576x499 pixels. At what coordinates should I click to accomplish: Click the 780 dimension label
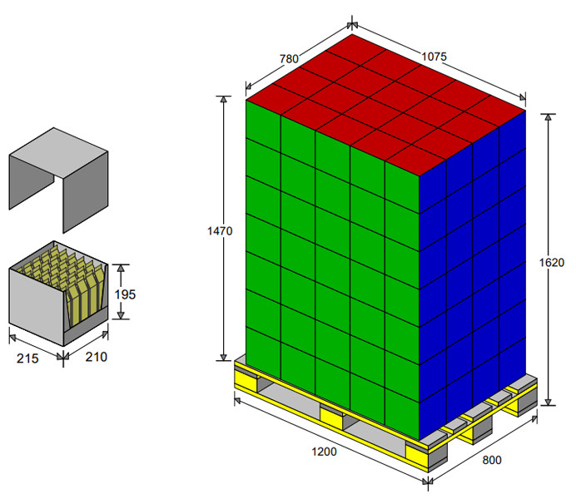(x=289, y=59)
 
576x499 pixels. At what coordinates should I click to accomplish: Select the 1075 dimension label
(x=434, y=57)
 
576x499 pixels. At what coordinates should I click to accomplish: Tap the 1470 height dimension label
(x=220, y=231)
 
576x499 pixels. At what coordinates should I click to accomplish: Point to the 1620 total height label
(x=551, y=262)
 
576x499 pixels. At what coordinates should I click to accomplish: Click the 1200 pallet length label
(x=324, y=452)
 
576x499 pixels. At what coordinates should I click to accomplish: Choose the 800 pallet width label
(x=491, y=460)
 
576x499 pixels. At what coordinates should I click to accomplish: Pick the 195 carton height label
(x=125, y=294)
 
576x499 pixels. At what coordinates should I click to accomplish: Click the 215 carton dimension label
(x=27, y=358)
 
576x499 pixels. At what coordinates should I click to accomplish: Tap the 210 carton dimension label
(x=97, y=357)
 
